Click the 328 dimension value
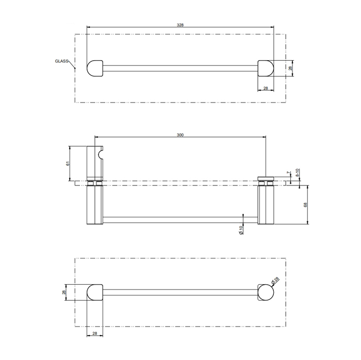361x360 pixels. click(x=180, y=25)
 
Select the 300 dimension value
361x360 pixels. click(x=180, y=135)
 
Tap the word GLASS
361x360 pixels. click(x=62, y=61)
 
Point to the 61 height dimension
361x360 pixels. click(x=68, y=163)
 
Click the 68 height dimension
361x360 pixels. click(x=305, y=204)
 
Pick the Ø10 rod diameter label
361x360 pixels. click(x=241, y=230)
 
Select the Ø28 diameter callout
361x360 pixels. click(x=275, y=280)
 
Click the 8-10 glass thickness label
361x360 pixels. click(x=297, y=173)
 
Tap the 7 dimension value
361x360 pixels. click(x=288, y=173)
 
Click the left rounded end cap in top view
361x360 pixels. click(x=95, y=68)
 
